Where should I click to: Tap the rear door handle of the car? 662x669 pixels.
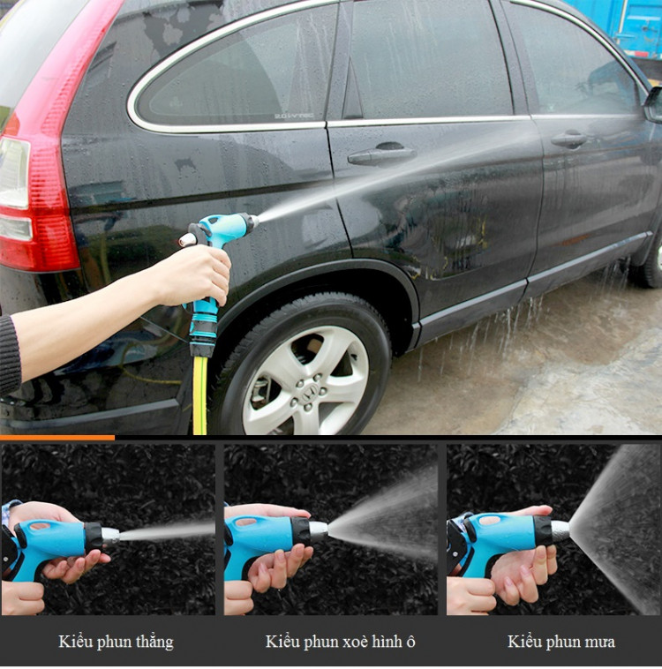381,154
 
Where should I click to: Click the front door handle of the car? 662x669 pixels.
569,139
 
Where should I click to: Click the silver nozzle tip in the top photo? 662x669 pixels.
253,222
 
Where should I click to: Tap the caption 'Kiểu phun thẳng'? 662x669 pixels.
117,643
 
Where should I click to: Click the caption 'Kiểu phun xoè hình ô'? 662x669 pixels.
340,642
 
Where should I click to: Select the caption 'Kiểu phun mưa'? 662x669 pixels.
561,642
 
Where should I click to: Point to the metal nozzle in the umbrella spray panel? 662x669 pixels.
319,531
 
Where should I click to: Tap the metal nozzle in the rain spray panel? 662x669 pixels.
560,531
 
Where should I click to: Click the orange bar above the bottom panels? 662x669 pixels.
57,438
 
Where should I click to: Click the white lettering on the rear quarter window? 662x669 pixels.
294,116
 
